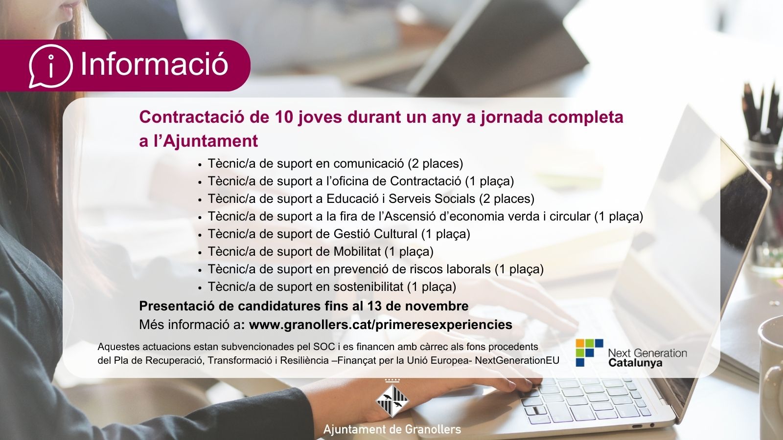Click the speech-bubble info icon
click(51, 66)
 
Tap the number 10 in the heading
click(283, 117)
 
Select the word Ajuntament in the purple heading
click(210, 141)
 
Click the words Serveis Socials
click(432, 198)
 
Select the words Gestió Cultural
click(375, 234)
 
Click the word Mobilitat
click(357, 251)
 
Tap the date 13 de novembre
click(418, 306)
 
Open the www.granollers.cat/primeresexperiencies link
click(381, 325)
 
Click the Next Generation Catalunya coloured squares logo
click(589, 352)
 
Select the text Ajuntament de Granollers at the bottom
click(392, 430)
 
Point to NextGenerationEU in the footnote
click(517, 360)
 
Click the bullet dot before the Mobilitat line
click(200, 252)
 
